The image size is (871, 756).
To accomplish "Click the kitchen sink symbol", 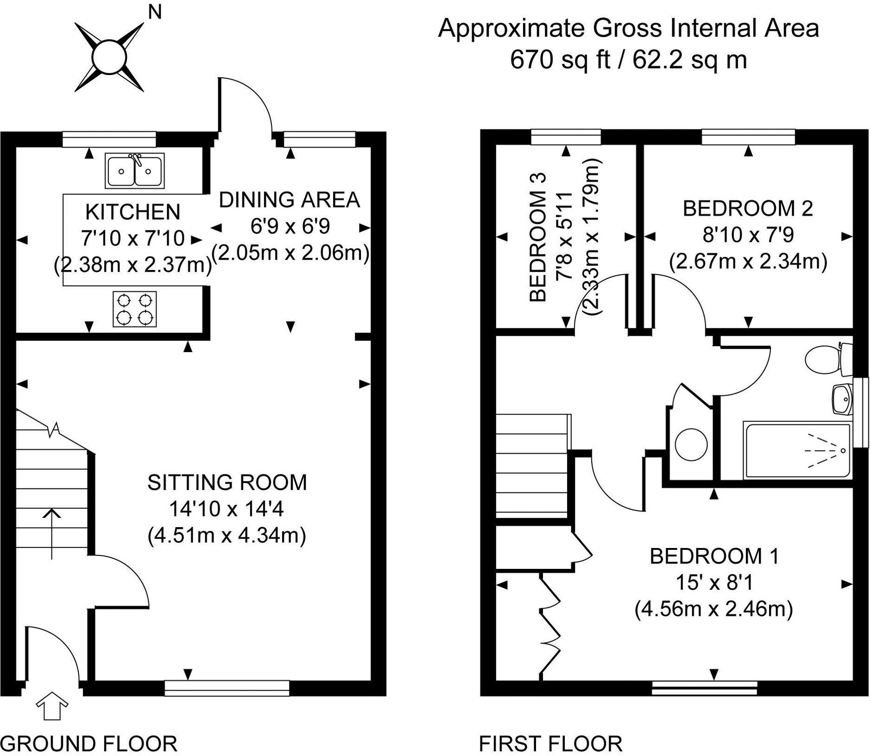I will pyautogui.click(x=134, y=170).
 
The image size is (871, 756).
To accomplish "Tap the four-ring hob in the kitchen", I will pyautogui.click(x=134, y=309).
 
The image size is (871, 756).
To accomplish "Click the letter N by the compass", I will pyautogui.click(x=154, y=12).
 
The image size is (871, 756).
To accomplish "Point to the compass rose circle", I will pyautogui.click(x=109, y=58).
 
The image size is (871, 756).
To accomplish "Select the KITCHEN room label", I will pyautogui.click(x=133, y=212).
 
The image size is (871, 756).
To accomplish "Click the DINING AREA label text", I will pyautogui.click(x=289, y=200).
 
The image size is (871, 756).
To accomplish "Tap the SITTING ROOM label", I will pyautogui.click(x=227, y=482).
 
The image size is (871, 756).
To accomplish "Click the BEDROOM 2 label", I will pyautogui.click(x=748, y=208).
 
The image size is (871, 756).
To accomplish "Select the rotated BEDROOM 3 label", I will pyautogui.click(x=538, y=237).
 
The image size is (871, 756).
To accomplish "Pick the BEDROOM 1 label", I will pyautogui.click(x=714, y=556).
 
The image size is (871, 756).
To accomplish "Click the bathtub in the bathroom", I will pyautogui.click(x=797, y=450).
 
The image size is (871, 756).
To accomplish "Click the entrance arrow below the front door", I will pyautogui.click(x=52, y=706).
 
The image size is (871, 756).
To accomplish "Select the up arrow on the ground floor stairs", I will pyautogui.click(x=52, y=533).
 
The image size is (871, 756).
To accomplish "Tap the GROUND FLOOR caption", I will pyautogui.click(x=89, y=743).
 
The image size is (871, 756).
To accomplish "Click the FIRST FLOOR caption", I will pyautogui.click(x=550, y=743).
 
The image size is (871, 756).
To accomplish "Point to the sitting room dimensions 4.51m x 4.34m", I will pyautogui.click(x=227, y=535).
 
